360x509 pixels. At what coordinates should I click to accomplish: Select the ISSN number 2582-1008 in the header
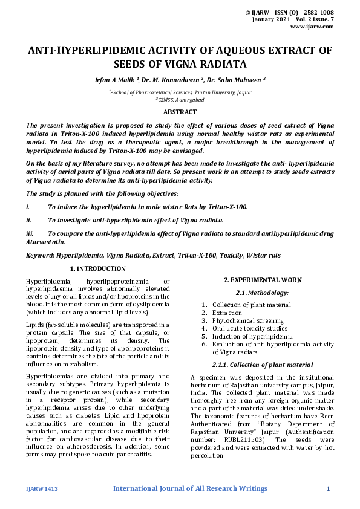(x=319, y=12)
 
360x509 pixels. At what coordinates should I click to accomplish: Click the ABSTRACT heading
(x=180, y=112)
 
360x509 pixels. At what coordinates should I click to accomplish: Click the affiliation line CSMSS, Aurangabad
(x=180, y=99)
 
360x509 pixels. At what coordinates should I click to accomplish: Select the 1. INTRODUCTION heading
(x=98, y=268)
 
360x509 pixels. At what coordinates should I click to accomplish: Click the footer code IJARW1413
(x=42, y=488)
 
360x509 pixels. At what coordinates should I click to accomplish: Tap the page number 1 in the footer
(x=328, y=488)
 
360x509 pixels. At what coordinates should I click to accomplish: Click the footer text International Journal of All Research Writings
(x=190, y=488)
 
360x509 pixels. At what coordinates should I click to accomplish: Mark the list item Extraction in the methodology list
(x=227, y=313)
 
